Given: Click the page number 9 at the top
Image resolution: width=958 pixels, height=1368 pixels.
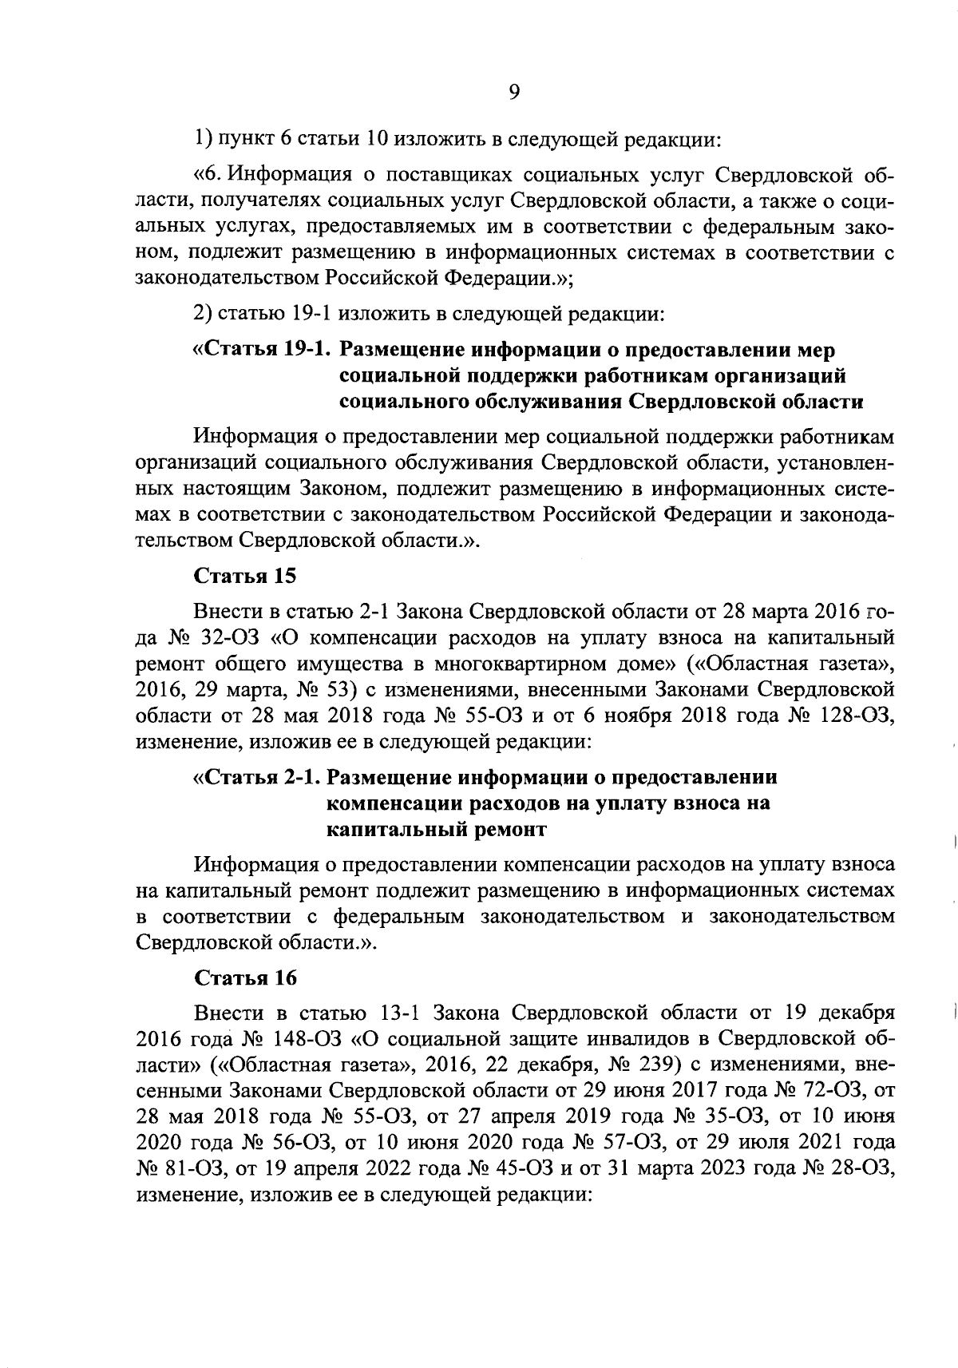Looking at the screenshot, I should [514, 92].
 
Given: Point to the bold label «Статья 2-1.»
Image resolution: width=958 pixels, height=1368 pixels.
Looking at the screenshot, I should [257, 777].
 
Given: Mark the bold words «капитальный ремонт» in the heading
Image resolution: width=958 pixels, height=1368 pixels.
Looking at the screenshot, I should [437, 829].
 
